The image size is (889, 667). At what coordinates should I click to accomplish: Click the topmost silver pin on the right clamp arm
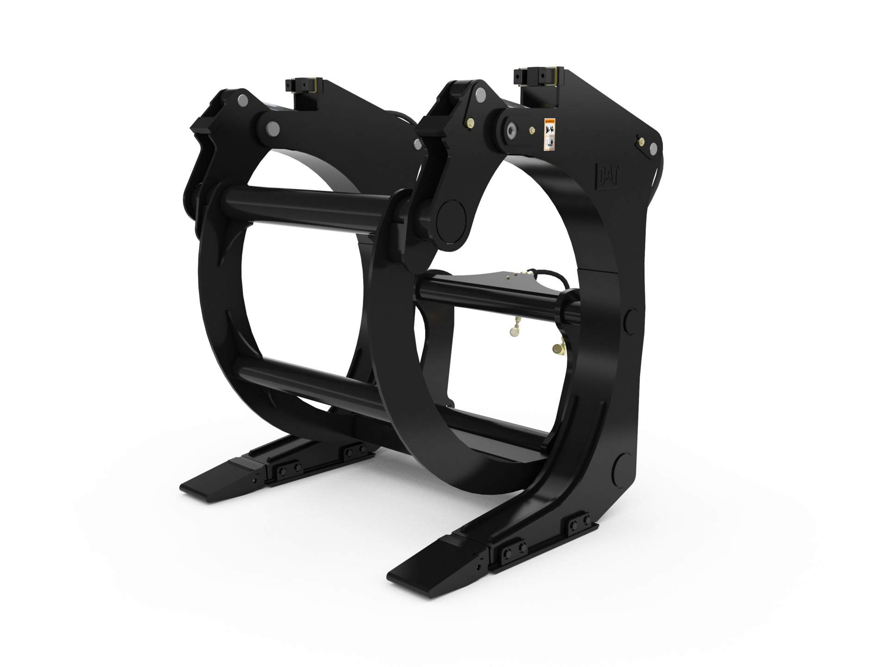click(478, 94)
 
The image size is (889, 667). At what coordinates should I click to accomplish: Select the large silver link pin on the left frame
click(273, 127)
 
